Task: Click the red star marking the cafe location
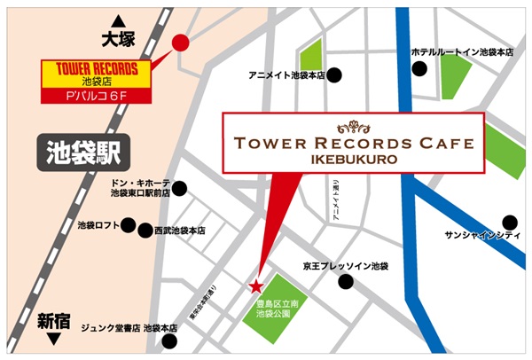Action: pyautogui.click(x=256, y=286)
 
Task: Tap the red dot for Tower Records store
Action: pyautogui.click(x=180, y=42)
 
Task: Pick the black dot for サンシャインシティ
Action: pyautogui.click(x=509, y=221)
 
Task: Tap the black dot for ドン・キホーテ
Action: pyautogui.click(x=180, y=187)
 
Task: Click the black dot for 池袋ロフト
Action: pyautogui.click(x=129, y=225)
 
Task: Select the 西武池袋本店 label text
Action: pyautogui.click(x=181, y=231)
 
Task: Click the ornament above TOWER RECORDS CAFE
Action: pyautogui.click(x=353, y=124)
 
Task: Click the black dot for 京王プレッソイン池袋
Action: pyautogui.click(x=346, y=282)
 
